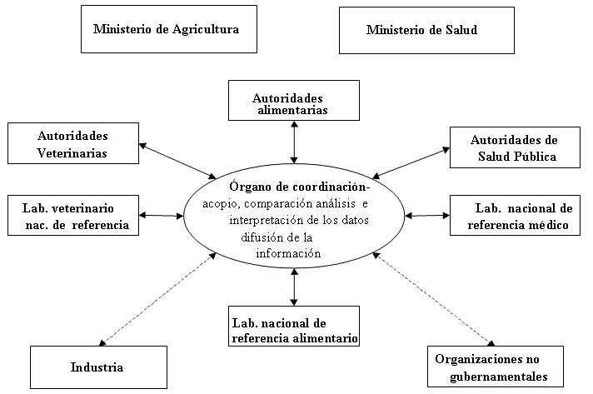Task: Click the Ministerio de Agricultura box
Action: (x=167, y=30)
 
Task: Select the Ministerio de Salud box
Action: (x=421, y=31)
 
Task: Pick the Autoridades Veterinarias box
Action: (x=73, y=142)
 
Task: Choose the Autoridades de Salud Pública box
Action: (x=513, y=147)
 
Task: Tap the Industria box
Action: (x=97, y=367)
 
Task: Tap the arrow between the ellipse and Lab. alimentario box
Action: (x=294, y=287)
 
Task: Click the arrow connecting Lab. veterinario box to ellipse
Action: (x=162, y=216)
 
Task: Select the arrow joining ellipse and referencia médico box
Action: (x=426, y=216)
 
